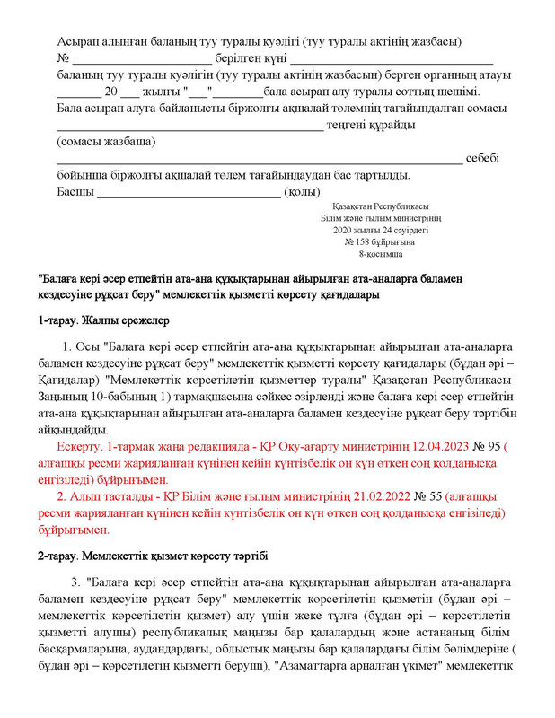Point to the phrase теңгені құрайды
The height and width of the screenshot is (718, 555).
tap(371, 125)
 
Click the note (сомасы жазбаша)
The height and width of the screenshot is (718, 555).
tap(105, 141)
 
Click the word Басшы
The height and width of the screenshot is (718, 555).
tap(75, 191)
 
